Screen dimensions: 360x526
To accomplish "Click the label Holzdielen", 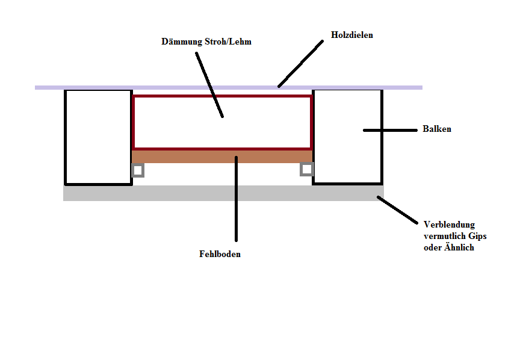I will [x=352, y=35].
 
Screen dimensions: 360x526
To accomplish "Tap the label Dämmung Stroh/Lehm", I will [x=206, y=42].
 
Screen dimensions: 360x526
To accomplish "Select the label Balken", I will [x=436, y=129].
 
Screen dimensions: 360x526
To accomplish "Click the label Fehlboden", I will [x=220, y=254].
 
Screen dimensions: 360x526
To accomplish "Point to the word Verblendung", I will [x=449, y=225].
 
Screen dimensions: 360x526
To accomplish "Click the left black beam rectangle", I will [x=98, y=137].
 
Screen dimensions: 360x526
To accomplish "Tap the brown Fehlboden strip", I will [x=181, y=157].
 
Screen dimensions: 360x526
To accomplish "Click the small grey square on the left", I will [x=138, y=170].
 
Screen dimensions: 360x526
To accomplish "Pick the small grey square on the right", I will [x=307, y=169].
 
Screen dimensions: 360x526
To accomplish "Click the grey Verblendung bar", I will [x=223, y=193].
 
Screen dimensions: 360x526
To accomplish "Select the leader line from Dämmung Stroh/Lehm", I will [x=209, y=84].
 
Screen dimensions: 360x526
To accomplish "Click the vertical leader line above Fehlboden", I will [x=236, y=199].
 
